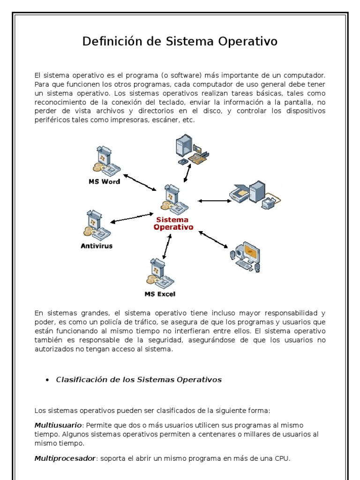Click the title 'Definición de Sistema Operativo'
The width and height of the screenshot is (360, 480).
pyautogui.click(x=180, y=42)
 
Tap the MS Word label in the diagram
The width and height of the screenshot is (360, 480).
pyautogui.click(x=104, y=181)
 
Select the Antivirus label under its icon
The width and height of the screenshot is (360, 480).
pyautogui.click(x=97, y=246)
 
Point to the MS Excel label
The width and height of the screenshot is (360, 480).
pyautogui.click(x=160, y=294)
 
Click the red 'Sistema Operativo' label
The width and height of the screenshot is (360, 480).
pyautogui.click(x=173, y=223)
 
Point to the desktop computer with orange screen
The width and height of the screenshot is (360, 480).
pyautogui.click(x=246, y=257)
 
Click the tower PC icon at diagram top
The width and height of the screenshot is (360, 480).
pyautogui.click(x=190, y=150)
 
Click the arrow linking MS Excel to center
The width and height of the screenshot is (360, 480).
pyautogui.click(x=166, y=246)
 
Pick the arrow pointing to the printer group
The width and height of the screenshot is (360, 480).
pyautogui.click(x=214, y=201)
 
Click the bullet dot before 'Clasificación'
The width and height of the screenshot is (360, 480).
pyautogui.click(x=47, y=380)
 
